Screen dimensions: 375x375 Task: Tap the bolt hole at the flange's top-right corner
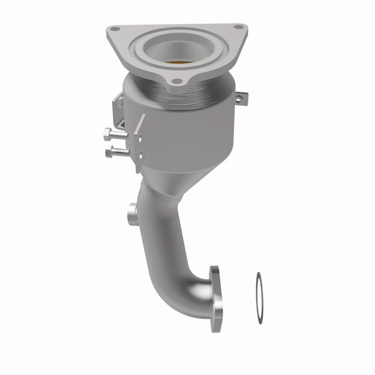pos(238,27)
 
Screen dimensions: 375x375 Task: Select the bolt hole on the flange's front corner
pos(178,81)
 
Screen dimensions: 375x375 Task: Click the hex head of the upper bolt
pos(107,134)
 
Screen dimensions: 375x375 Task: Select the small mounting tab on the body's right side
pos(240,96)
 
